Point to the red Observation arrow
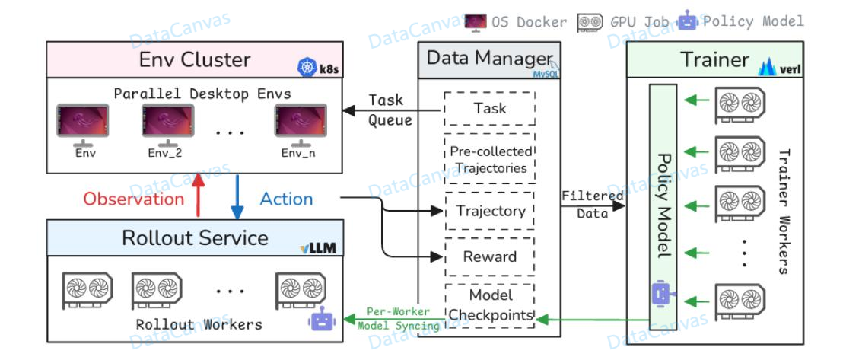click(x=198, y=197)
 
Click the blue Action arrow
click(x=237, y=197)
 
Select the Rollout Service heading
click(x=195, y=237)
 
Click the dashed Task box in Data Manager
click(x=489, y=109)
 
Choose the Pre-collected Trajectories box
click(x=489, y=159)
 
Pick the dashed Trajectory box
click(x=489, y=211)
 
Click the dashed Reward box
click(x=489, y=256)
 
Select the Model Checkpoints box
click(x=489, y=304)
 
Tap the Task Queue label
click(x=390, y=110)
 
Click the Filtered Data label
click(x=592, y=205)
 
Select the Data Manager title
click(x=488, y=59)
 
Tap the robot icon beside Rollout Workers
click(x=320, y=320)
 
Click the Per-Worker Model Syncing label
click(x=398, y=319)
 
